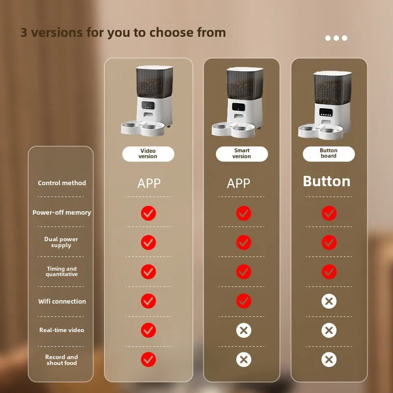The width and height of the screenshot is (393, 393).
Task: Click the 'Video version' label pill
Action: [148, 154]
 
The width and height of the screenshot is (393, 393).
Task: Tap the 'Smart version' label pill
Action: [242, 154]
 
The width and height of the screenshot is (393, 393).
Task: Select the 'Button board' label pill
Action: [329, 154]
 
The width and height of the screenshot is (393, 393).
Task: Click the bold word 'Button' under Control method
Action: [327, 181]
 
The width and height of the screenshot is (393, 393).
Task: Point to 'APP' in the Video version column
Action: [149, 183]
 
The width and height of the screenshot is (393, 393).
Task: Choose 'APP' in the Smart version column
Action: [238, 183]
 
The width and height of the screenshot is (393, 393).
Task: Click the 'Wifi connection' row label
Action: [62, 301]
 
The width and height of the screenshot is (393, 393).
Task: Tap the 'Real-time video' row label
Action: [62, 330]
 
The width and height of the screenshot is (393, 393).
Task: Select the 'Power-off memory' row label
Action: [62, 213]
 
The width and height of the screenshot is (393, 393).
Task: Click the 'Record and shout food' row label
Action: [62, 360]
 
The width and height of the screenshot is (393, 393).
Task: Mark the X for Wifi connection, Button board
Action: [329, 301]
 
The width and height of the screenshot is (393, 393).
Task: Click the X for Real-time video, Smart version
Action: [244, 330]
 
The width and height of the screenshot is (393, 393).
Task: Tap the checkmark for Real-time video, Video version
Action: [148, 330]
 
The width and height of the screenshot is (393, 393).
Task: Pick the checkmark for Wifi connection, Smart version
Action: [244, 301]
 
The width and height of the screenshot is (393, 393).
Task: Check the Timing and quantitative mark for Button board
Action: [329, 272]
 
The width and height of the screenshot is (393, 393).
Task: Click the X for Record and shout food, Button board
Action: [329, 360]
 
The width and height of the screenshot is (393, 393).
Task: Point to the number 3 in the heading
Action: [24, 32]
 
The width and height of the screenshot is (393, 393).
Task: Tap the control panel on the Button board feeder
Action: [326, 112]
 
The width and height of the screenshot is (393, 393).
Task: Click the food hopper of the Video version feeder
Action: [154, 82]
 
